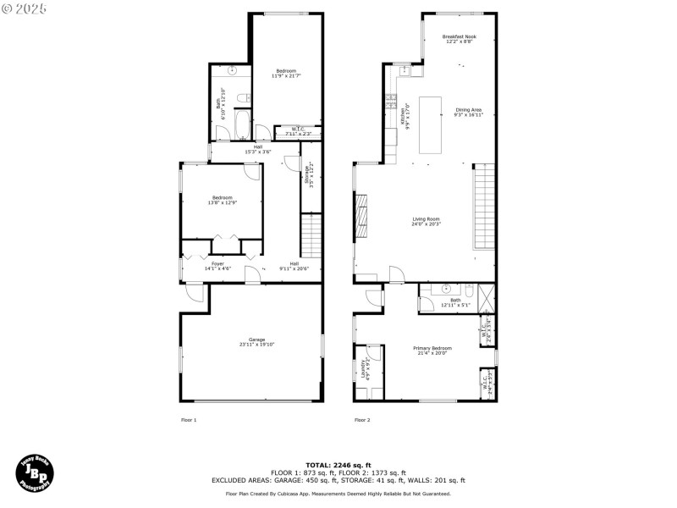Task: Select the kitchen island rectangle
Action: pos(430,124)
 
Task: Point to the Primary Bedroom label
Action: pos(432,350)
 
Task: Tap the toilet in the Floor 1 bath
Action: pos(240,97)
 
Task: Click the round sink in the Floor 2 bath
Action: pos(446,289)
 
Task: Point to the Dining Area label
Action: pos(468,112)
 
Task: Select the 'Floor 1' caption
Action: pos(189,420)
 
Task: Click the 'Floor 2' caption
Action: pos(361,420)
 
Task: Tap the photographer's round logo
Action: pos(36,472)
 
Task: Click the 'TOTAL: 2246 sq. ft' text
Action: pos(338,465)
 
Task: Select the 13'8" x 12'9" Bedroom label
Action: pos(222,200)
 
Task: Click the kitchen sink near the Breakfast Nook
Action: pos(405,71)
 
